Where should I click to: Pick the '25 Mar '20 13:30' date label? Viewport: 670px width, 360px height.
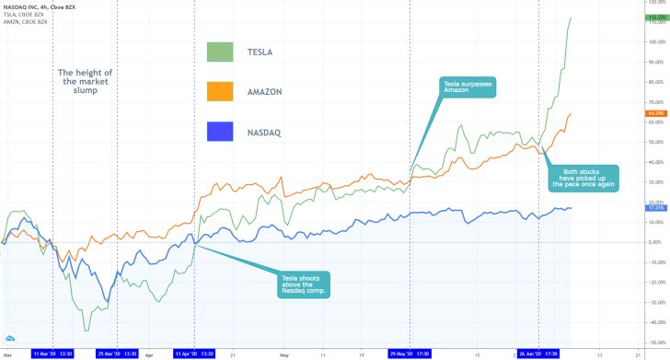[x=117, y=353]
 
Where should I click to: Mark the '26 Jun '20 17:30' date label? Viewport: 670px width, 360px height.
[x=539, y=353]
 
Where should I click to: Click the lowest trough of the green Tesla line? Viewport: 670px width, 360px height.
[x=87, y=331]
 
